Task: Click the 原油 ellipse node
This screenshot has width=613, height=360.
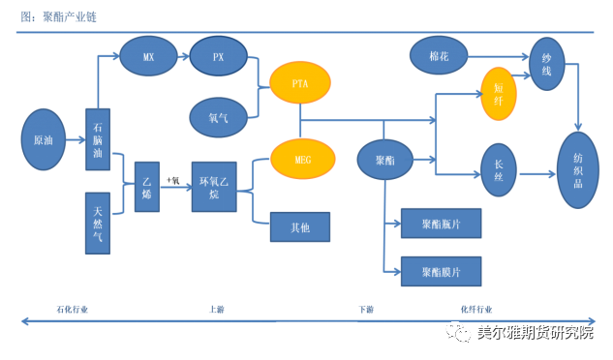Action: pos(44,139)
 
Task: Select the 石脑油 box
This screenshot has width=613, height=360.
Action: pos(98,140)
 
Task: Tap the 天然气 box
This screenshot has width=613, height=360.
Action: pos(98,223)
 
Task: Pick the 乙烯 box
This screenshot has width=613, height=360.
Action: pos(147,187)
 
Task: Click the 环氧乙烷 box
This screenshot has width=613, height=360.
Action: pos(214,187)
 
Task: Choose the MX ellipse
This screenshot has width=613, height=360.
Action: pos(148,57)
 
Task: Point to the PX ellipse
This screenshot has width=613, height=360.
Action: pos(219,57)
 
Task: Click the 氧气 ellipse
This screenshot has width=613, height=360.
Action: pos(219,118)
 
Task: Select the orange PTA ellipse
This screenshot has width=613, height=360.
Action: pos(300,84)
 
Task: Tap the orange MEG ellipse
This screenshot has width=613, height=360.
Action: pos(302,159)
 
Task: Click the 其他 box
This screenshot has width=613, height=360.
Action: pos(300,226)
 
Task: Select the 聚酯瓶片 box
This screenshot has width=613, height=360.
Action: pos(441,224)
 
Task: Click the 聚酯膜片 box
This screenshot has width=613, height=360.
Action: pos(441,271)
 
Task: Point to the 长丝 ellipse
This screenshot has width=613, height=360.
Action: pos(499,170)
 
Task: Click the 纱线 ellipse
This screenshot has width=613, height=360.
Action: pos(547,65)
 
